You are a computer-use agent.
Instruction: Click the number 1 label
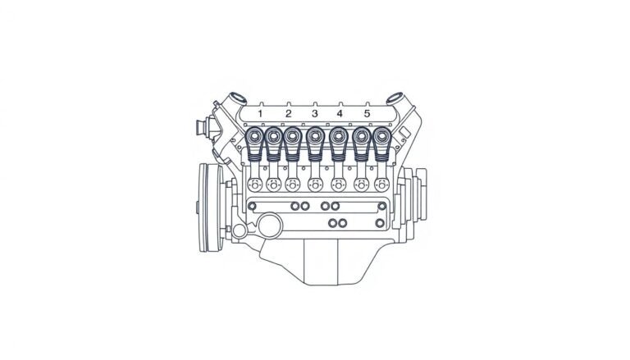(260, 113)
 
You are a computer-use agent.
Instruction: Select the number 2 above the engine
(288, 113)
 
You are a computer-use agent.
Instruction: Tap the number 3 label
(314, 113)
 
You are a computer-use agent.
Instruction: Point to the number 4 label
(340, 113)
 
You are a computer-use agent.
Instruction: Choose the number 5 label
(367, 113)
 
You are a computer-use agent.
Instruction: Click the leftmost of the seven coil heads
(253, 136)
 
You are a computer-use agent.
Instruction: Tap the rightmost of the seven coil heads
(381, 136)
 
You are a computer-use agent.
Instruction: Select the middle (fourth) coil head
(315, 136)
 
